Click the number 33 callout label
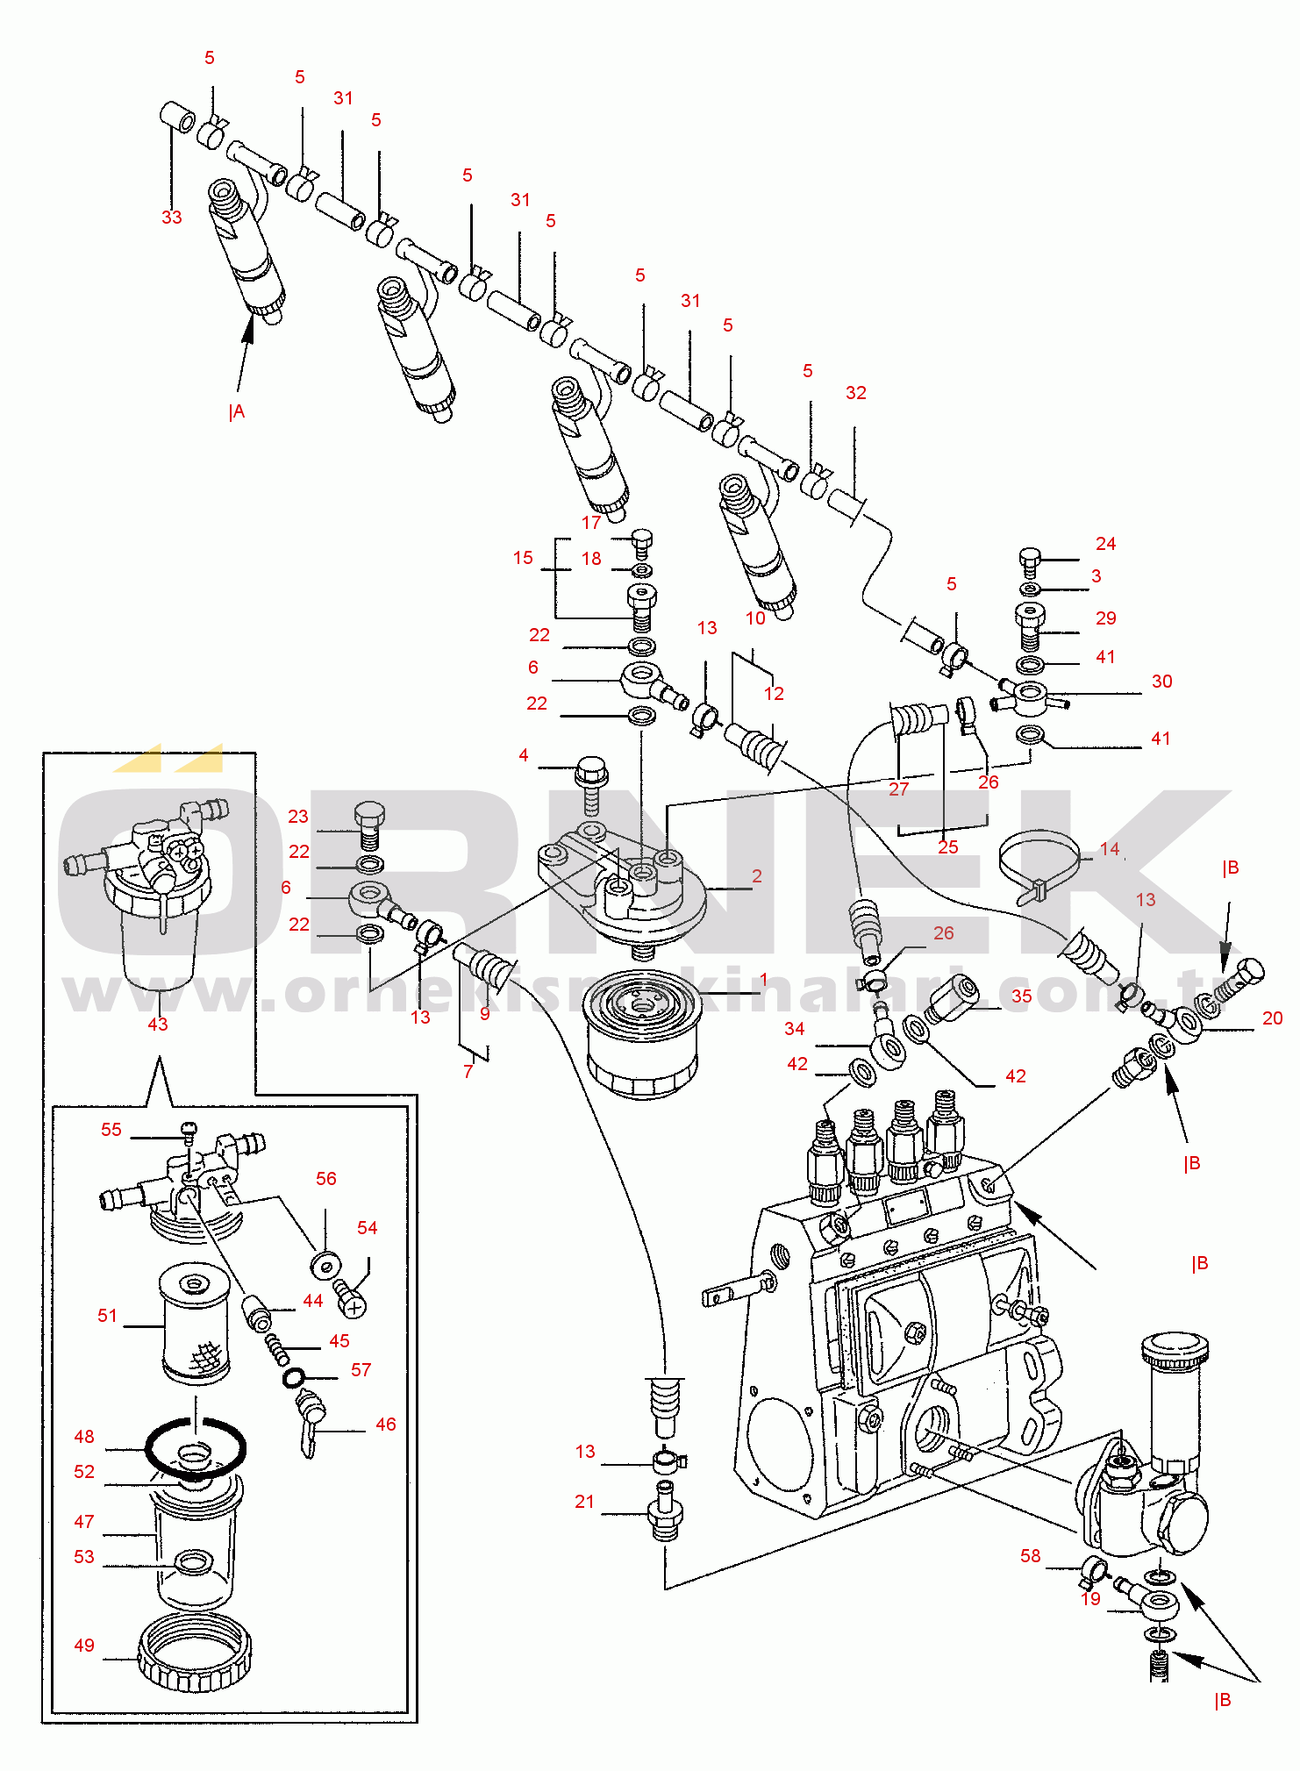[171, 217]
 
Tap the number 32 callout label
[855, 393]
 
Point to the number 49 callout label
[84, 1646]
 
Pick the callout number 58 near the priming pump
[1030, 1555]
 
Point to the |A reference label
[236, 411]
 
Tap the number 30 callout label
[1161, 682]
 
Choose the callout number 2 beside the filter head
[756, 875]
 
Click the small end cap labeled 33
[177, 118]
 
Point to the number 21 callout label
[584, 1502]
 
